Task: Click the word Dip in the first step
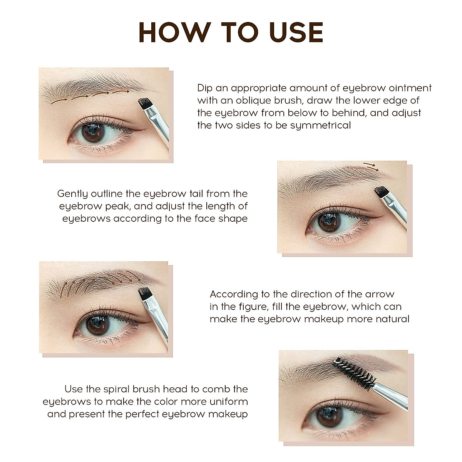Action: coord(205,88)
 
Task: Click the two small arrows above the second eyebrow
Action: coord(370,167)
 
